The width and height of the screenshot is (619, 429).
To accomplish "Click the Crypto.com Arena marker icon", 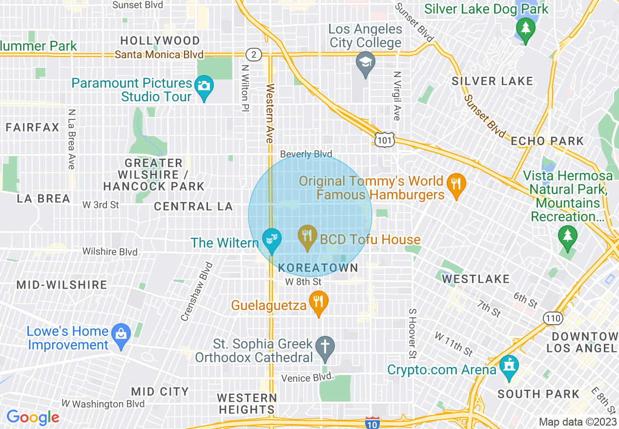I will click(509, 367).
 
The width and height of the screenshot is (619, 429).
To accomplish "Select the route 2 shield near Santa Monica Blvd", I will click(253, 54).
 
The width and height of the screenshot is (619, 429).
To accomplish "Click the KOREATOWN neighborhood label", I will click(318, 268).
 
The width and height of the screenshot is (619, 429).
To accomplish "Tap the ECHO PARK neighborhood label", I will click(547, 141).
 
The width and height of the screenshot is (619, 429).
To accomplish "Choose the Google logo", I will click(33, 417).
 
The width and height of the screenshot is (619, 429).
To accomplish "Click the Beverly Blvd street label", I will click(306, 154).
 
